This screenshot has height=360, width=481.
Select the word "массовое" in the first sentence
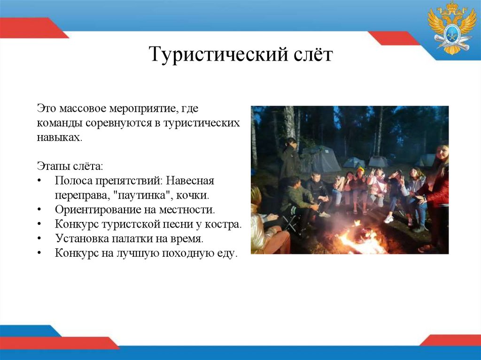(x=83, y=109)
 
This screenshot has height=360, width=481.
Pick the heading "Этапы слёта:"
(x=70, y=167)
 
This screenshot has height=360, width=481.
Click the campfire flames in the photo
(x=361, y=237)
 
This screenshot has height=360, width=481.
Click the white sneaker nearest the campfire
(x=388, y=219)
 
